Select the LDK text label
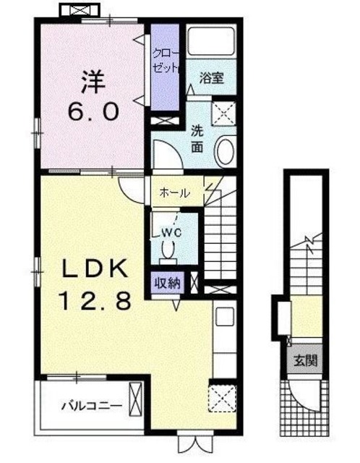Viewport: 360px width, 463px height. coord(93,270)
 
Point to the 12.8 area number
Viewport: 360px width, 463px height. coord(93,300)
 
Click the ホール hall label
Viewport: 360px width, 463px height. coord(174,193)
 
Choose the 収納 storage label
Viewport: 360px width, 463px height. coord(166,283)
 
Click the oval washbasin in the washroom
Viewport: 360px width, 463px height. coord(225,151)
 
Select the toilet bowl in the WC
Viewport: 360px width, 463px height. coord(170,252)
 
